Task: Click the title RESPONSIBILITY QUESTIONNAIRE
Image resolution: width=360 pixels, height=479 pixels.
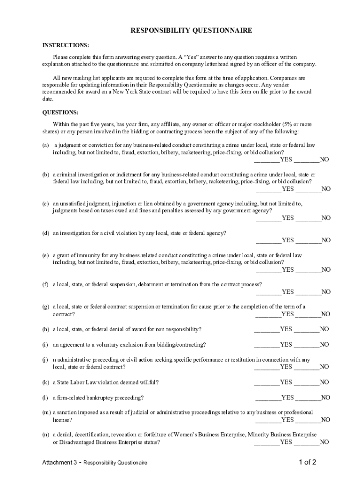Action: coord(191,30)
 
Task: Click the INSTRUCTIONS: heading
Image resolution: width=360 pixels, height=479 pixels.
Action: coord(66,45)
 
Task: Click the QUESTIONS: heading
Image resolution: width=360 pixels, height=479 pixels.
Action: coord(61,113)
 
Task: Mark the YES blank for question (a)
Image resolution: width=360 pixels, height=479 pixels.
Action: coord(267,160)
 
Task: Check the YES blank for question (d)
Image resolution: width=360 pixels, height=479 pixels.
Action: coord(269,240)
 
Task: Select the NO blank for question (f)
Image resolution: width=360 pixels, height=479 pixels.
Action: coord(309,292)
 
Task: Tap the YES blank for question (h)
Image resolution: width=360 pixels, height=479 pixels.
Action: coord(267,329)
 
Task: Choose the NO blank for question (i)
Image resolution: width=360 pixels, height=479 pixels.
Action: coord(307,345)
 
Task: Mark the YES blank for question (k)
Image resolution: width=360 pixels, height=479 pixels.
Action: coord(267,383)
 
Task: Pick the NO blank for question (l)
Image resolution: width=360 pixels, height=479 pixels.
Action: coord(309,398)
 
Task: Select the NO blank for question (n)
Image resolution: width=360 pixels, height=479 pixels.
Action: coord(307,442)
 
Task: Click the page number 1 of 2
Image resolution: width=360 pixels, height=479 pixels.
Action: coord(308,463)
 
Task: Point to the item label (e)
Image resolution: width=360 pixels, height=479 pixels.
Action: coord(46,255)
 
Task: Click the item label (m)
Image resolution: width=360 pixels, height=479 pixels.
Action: coord(46,413)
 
